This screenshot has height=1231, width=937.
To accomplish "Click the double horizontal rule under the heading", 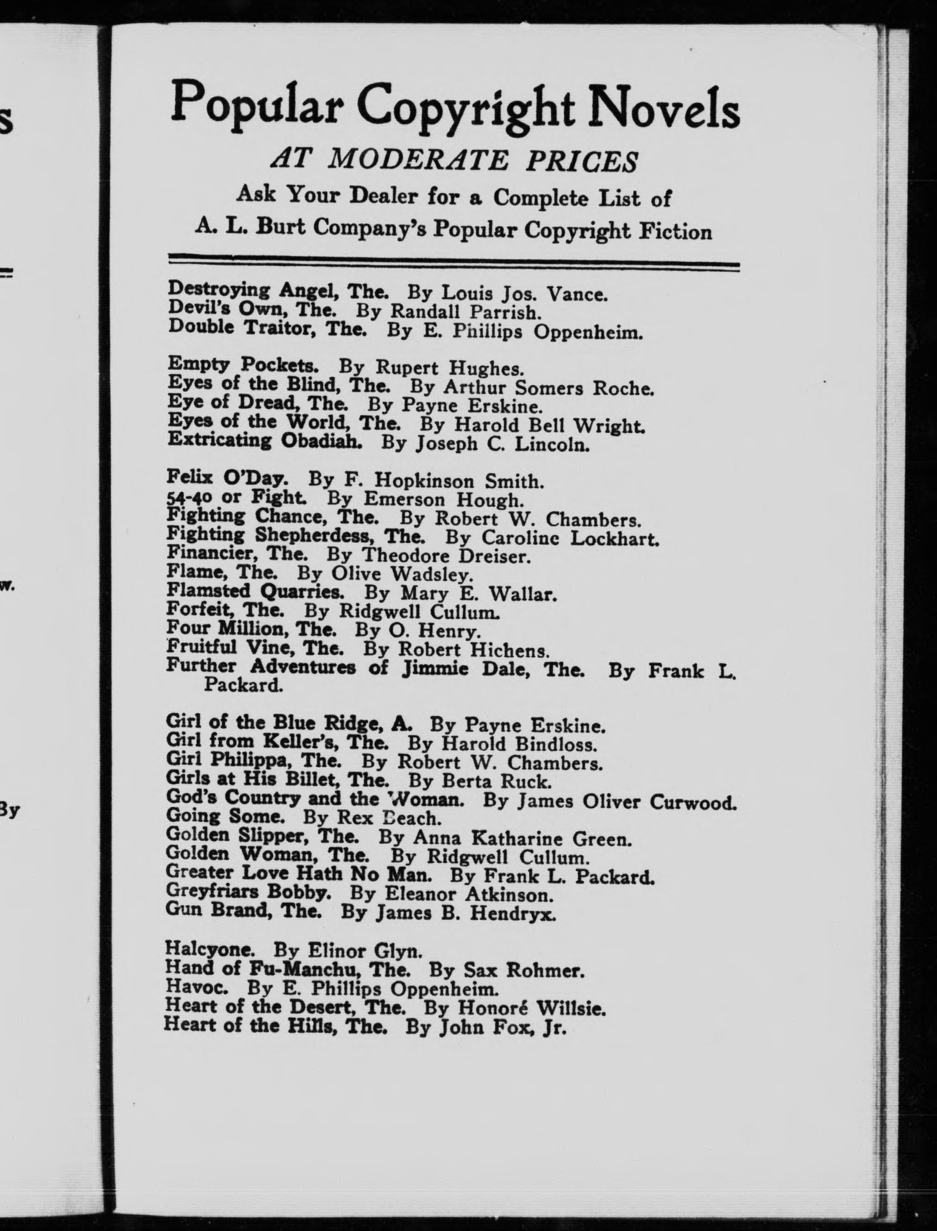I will pyautogui.click(x=454, y=266).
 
